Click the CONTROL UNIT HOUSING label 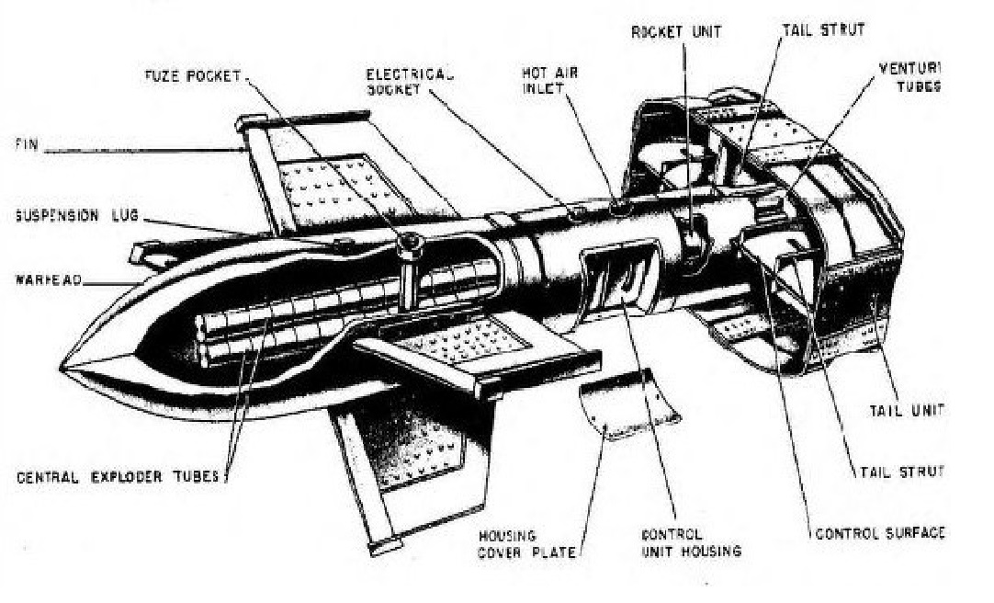pos(690,542)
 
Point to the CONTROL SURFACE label pos(880,533)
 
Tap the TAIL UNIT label pos(907,409)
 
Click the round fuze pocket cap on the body pos(408,243)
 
